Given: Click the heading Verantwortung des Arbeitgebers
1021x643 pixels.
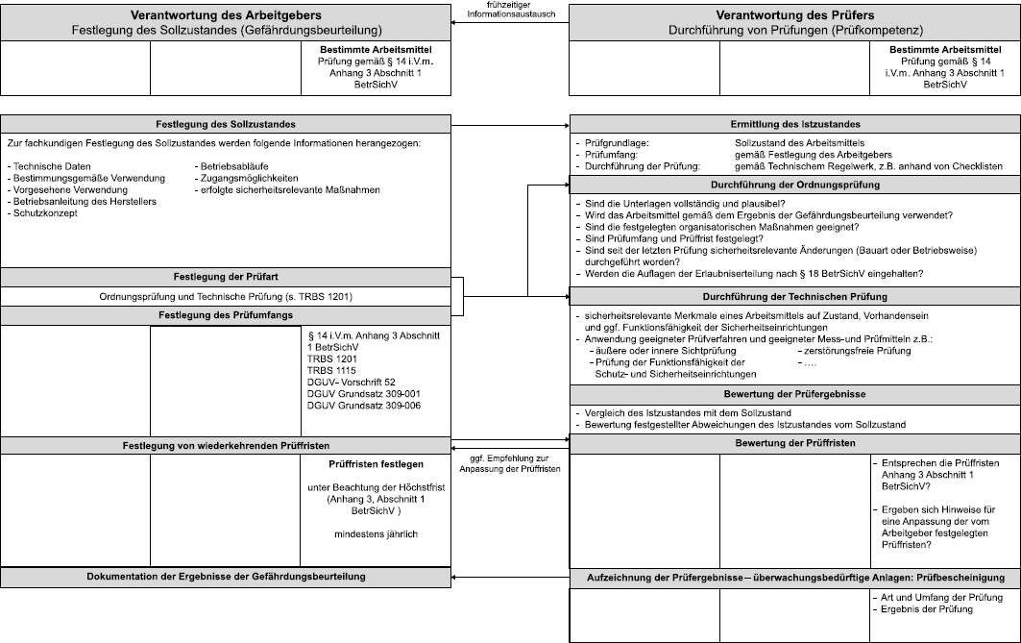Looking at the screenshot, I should [225, 15].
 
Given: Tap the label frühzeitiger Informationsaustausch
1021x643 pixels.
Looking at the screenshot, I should [509, 10].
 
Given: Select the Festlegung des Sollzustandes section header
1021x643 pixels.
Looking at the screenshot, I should [225, 125].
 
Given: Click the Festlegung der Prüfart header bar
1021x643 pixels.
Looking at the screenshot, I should [225, 278].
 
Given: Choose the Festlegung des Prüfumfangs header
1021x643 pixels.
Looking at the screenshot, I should [225, 315].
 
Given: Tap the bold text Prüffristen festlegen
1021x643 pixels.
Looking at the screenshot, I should [376, 464].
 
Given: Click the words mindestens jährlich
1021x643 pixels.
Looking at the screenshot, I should [376, 533].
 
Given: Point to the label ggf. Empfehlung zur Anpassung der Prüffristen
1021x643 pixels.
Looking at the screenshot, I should [509, 462].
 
